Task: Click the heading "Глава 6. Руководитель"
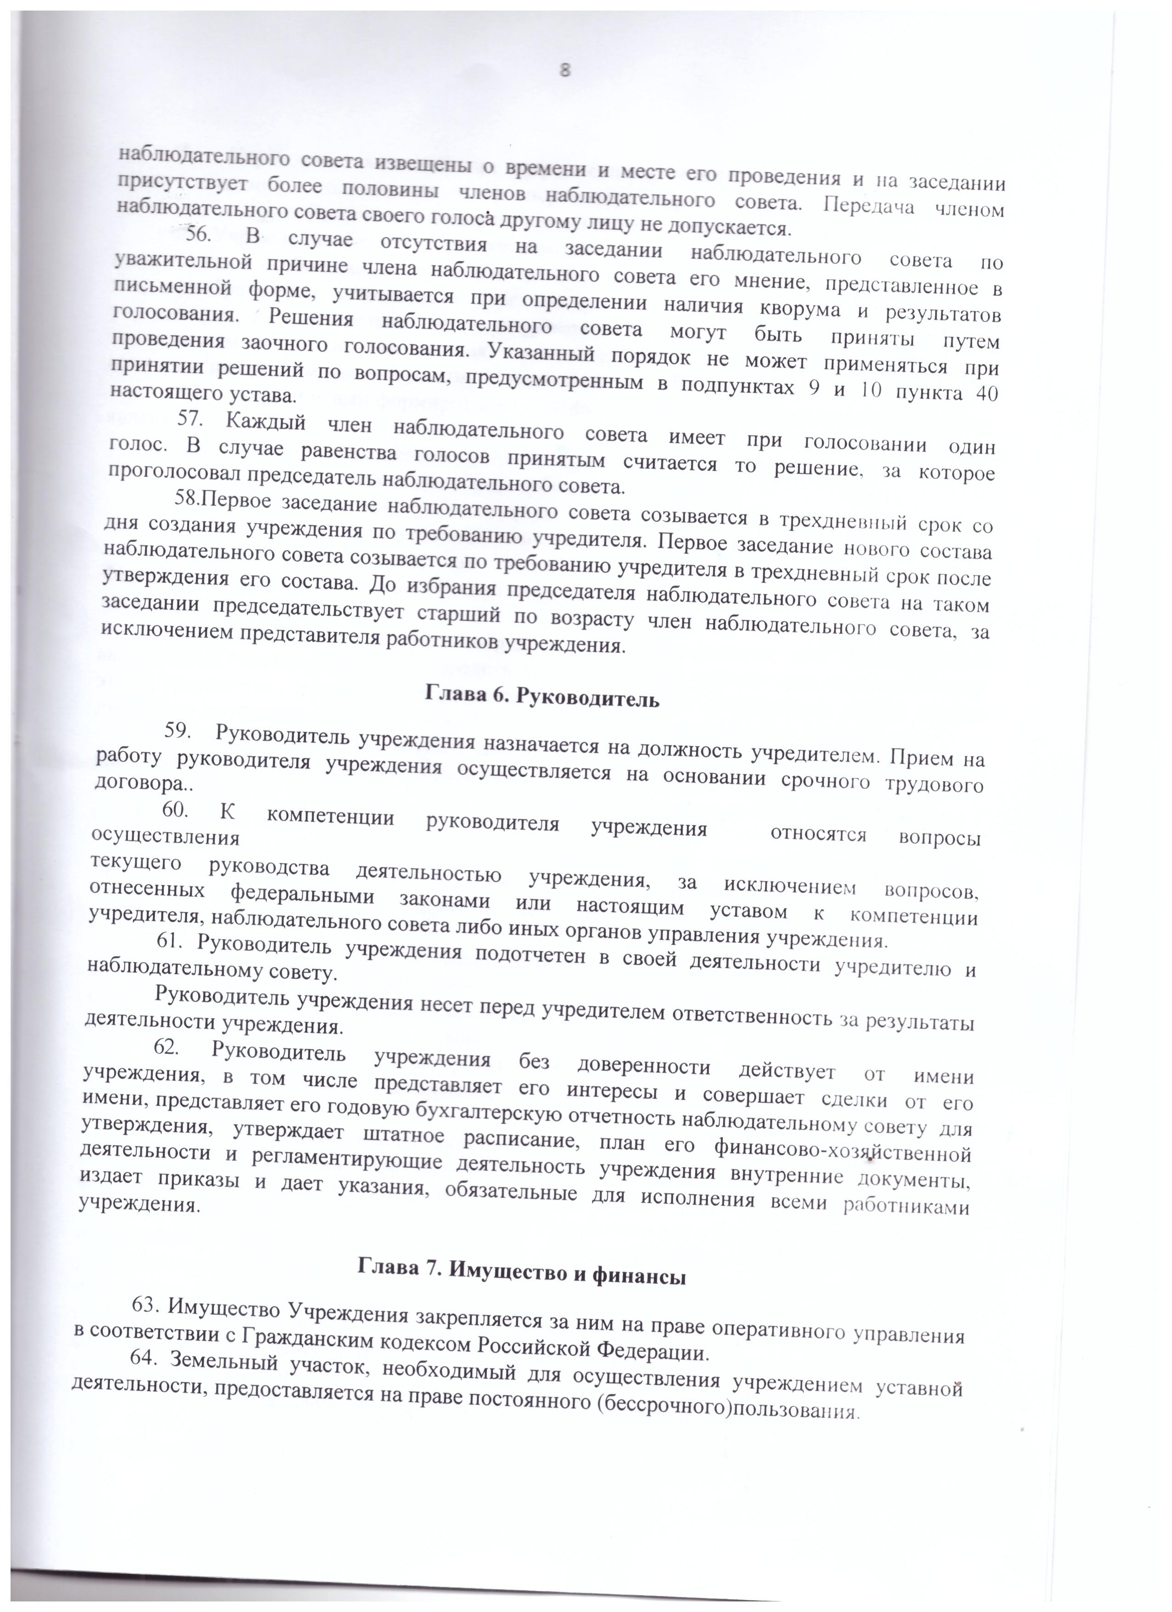[542, 697]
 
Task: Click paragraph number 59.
[178, 729]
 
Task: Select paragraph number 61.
[170, 941]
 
